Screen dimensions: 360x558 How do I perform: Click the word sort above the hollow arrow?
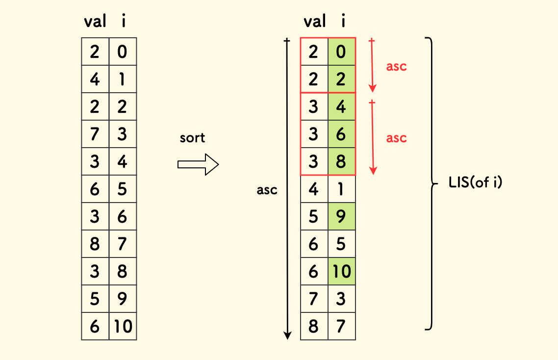pos(192,138)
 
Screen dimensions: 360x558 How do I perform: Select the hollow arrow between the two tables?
pos(198,164)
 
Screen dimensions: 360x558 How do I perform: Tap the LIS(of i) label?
pos(475,184)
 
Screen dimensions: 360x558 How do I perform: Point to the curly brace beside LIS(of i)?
pos(430,183)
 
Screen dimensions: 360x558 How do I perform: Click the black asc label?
pos(267,190)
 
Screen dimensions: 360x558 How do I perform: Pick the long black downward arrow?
pos(288,189)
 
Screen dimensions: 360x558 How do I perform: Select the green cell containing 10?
pos(342,271)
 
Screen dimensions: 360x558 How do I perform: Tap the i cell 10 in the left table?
pos(123,326)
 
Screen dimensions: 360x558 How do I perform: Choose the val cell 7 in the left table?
pos(95,134)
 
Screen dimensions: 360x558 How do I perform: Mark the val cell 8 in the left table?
pos(95,244)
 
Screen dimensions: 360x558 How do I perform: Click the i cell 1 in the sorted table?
pos(342,189)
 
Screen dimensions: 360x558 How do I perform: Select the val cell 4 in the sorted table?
pos(314,189)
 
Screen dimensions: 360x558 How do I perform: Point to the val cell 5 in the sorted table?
pos(314,216)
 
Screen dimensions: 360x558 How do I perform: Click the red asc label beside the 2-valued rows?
pos(396,66)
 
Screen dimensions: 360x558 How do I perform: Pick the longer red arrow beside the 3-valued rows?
pos(373,137)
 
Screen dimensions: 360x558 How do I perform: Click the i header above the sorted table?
pos(342,22)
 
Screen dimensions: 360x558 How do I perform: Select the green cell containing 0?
pos(342,51)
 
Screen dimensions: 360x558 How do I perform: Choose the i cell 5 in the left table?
pos(123,189)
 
